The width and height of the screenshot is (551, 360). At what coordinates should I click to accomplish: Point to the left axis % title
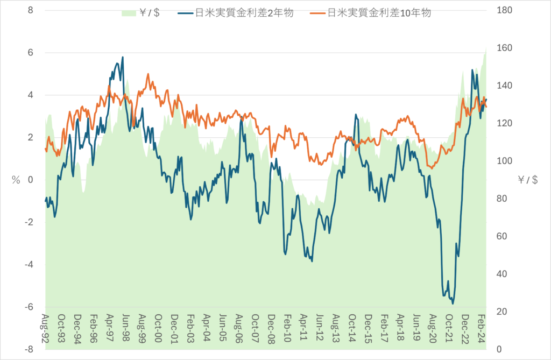click(x=16, y=180)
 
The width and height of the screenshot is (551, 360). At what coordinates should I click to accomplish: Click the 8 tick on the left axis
click(x=30, y=10)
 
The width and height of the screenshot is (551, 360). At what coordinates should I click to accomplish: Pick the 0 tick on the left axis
click(x=30, y=180)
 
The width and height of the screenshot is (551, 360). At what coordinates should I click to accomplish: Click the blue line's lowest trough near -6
click(x=453, y=303)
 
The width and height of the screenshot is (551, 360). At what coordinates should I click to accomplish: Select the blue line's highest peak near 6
click(x=123, y=57)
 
